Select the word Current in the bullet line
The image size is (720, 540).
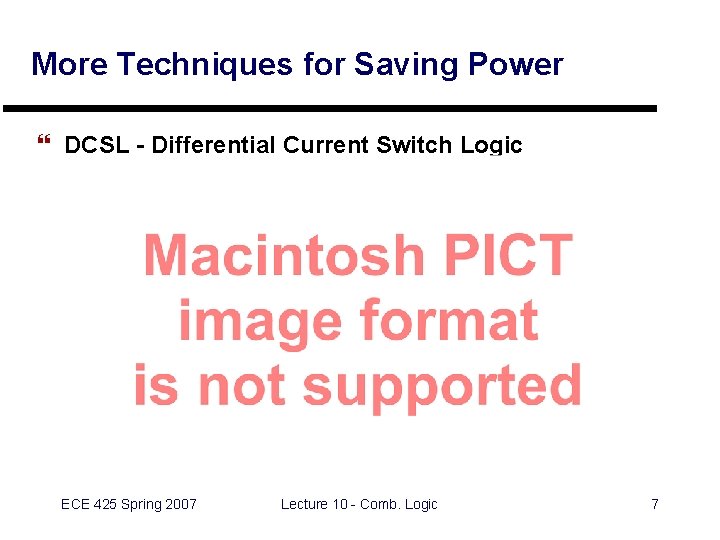pyautogui.click(x=327, y=146)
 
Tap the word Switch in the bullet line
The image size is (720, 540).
pyautogui.click(x=415, y=146)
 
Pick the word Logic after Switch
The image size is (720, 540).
pyautogui.click(x=491, y=146)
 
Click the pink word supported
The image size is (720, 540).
pyautogui.click(x=442, y=387)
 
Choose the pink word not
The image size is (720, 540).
pyautogui.click(x=245, y=385)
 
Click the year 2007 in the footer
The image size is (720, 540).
pyautogui.click(x=180, y=504)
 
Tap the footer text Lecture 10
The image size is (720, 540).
pyautogui.click(x=313, y=504)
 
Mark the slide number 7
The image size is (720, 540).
pyautogui.click(x=655, y=504)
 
